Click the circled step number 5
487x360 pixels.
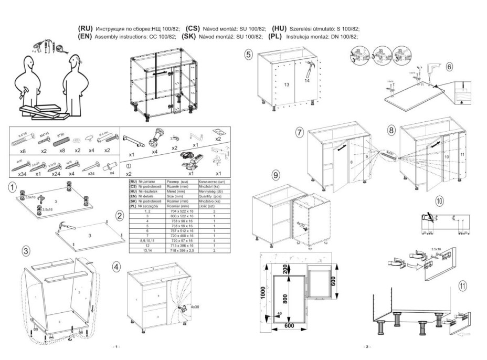[x=249, y=54]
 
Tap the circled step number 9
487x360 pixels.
[x=276, y=175]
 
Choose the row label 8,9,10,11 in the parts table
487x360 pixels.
[x=146, y=240]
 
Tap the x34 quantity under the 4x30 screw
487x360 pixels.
[x=22, y=173]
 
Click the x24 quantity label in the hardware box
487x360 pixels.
[x=57, y=173]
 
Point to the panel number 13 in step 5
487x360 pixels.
[x=287, y=84]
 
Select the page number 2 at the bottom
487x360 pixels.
[x=367, y=347]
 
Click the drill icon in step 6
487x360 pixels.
[x=435, y=68]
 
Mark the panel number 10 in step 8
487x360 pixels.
[x=447, y=157]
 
